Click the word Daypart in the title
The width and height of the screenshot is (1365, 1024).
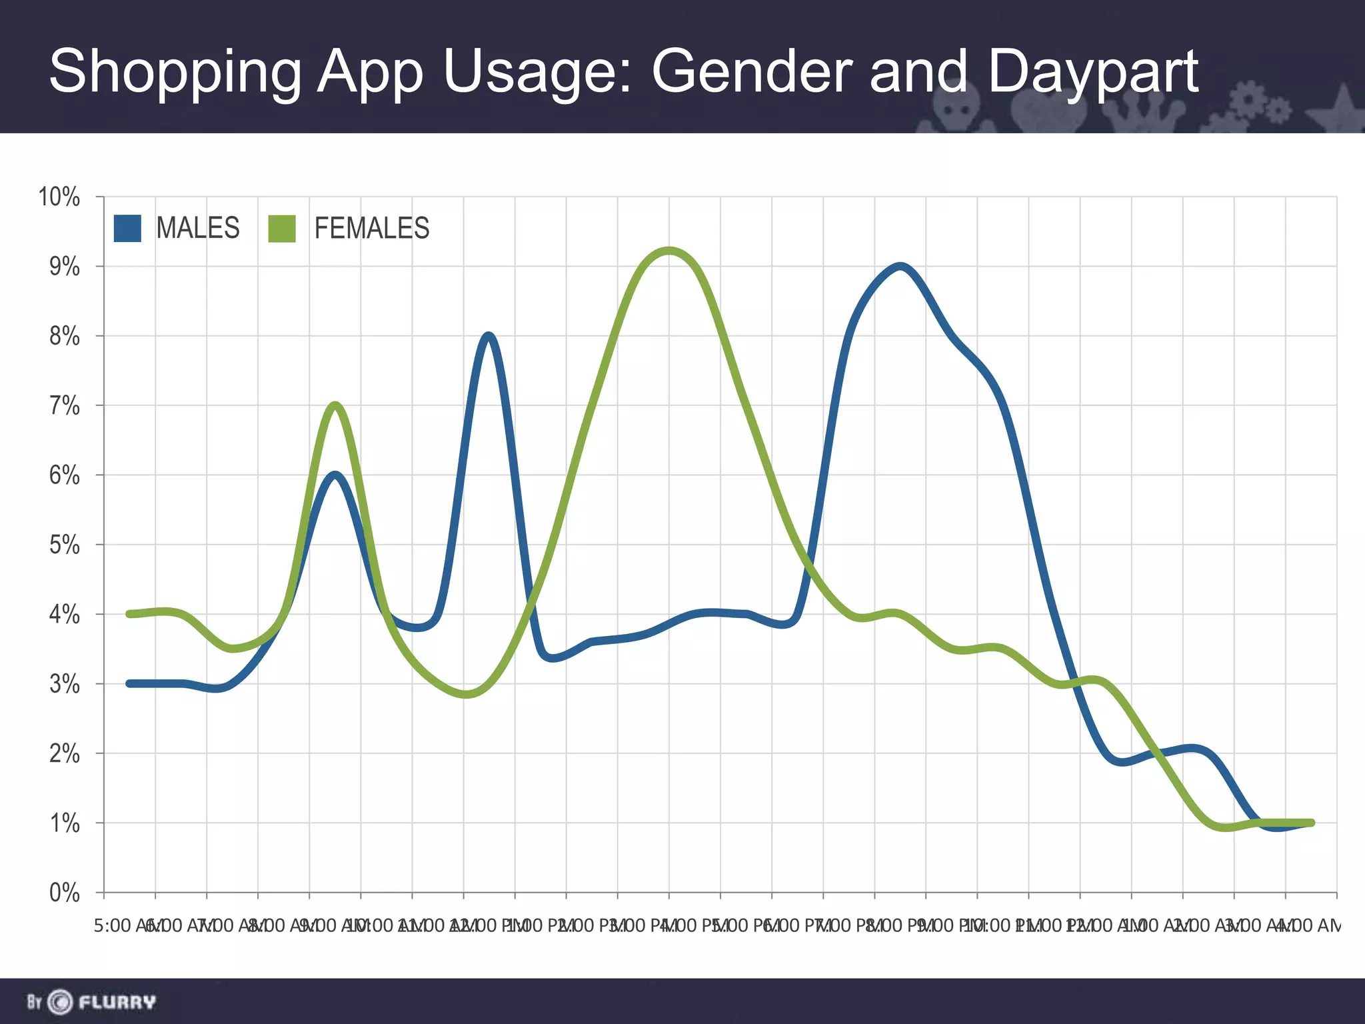pos(1093,72)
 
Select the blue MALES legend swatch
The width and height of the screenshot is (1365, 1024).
pos(127,228)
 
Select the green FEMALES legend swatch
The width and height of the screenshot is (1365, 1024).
pos(282,228)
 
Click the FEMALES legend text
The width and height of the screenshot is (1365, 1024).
pos(371,228)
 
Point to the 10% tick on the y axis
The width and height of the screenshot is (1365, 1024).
pos(59,197)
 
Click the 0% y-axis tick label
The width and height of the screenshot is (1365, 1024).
pos(64,893)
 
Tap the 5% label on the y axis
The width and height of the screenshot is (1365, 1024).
pos(64,545)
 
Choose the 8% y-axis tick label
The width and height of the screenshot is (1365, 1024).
pos(64,337)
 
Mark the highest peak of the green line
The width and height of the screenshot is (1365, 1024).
pos(669,251)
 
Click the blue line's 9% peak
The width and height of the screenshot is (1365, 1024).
pos(900,267)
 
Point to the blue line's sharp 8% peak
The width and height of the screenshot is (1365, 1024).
pos(489,336)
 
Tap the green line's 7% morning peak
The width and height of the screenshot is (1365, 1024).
pos(335,406)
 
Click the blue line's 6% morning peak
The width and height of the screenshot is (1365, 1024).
pos(335,475)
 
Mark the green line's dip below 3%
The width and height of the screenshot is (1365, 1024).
pos(466,694)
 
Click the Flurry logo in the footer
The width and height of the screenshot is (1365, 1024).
pos(91,1001)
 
